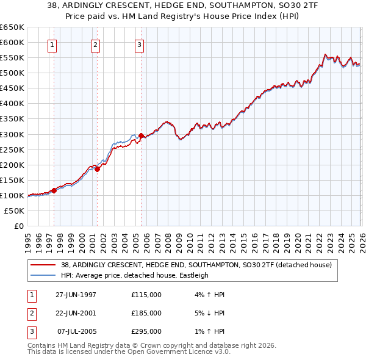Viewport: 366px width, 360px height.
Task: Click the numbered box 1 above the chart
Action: (x=52, y=45)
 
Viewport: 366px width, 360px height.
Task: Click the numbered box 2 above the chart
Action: (x=96, y=45)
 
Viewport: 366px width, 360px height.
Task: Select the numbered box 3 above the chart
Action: (x=140, y=45)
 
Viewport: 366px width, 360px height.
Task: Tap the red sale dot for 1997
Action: (x=54, y=190)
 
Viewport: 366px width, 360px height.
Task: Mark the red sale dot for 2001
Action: (x=97, y=169)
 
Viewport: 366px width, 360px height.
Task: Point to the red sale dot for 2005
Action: (x=141, y=135)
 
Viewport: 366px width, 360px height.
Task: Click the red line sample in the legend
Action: (x=44, y=265)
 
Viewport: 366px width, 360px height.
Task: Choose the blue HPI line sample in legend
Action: (x=44, y=275)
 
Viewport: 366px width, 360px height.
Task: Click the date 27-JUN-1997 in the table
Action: (x=76, y=295)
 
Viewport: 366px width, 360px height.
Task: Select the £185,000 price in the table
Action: (x=146, y=313)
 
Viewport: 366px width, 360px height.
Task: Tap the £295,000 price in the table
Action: (x=146, y=331)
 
